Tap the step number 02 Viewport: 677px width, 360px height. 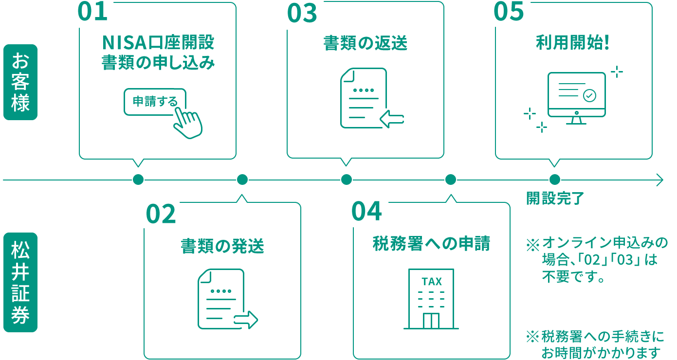click(x=161, y=214)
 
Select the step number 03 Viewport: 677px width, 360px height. click(x=302, y=13)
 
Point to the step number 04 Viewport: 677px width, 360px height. click(x=366, y=212)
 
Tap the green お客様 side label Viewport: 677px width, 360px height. click(x=20, y=82)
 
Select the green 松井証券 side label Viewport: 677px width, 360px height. click(x=20, y=282)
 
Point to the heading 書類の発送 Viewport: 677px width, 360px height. click(x=222, y=246)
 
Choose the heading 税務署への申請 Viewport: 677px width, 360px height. click(x=431, y=243)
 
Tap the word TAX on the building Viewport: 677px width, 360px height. click(x=432, y=282)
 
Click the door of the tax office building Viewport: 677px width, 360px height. click(x=431, y=320)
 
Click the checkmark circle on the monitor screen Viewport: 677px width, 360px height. click(x=589, y=95)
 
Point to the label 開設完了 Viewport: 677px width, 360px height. click(x=555, y=198)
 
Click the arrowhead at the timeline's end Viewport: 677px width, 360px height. click(x=659, y=180)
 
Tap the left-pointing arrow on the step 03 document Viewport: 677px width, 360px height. click(x=392, y=119)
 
